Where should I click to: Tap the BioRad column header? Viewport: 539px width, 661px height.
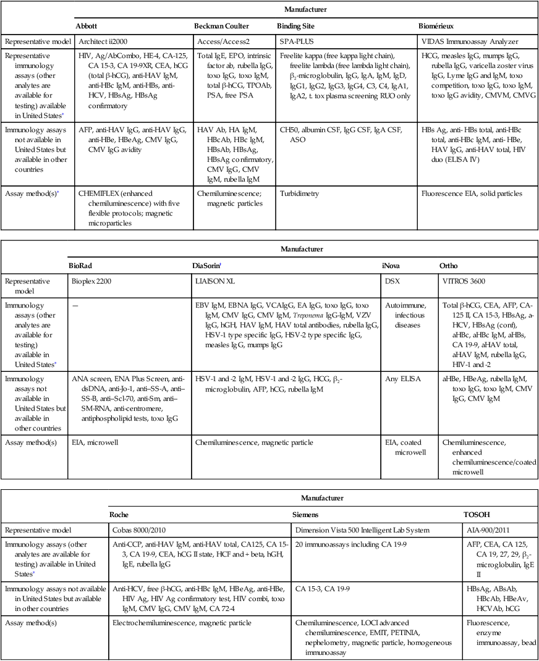[x=85, y=265]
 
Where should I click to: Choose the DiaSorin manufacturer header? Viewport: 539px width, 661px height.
[x=209, y=265]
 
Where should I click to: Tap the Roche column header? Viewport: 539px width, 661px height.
[x=119, y=514]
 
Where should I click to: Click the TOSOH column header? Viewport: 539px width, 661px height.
[x=478, y=514]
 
